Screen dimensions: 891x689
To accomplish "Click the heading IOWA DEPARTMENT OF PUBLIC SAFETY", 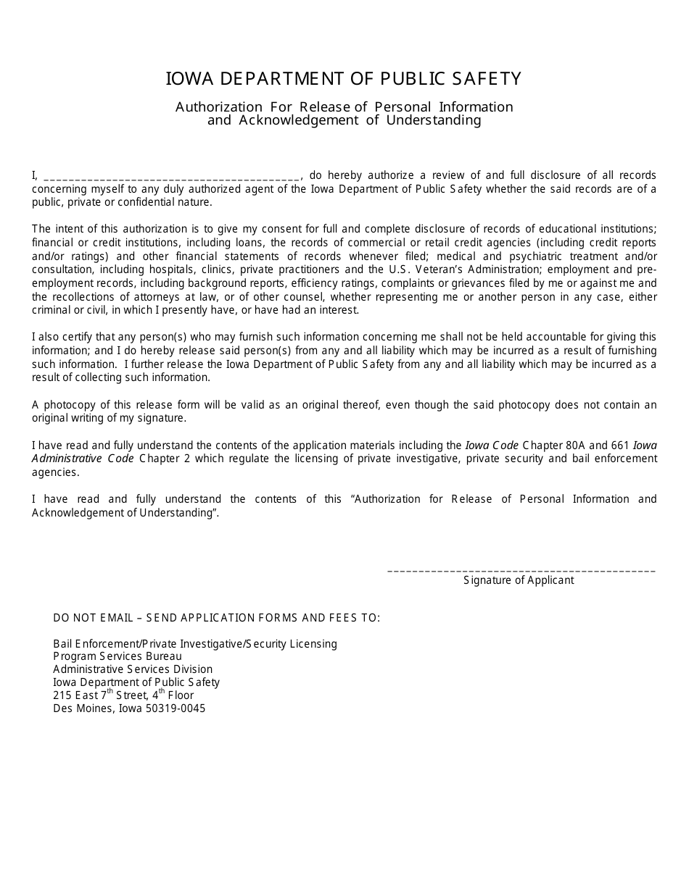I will [x=344, y=78].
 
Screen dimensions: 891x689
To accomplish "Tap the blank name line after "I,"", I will [x=171, y=176].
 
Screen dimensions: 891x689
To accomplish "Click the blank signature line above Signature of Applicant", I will [x=521, y=571].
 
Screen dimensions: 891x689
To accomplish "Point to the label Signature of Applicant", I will [x=519, y=580].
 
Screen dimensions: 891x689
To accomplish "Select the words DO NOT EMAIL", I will [x=93, y=618].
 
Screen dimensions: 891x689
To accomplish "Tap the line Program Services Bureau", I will [x=117, y=656].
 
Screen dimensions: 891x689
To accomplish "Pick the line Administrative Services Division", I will [x=133, y=669].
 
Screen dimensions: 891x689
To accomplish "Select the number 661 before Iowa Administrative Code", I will [x=621, y=445].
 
